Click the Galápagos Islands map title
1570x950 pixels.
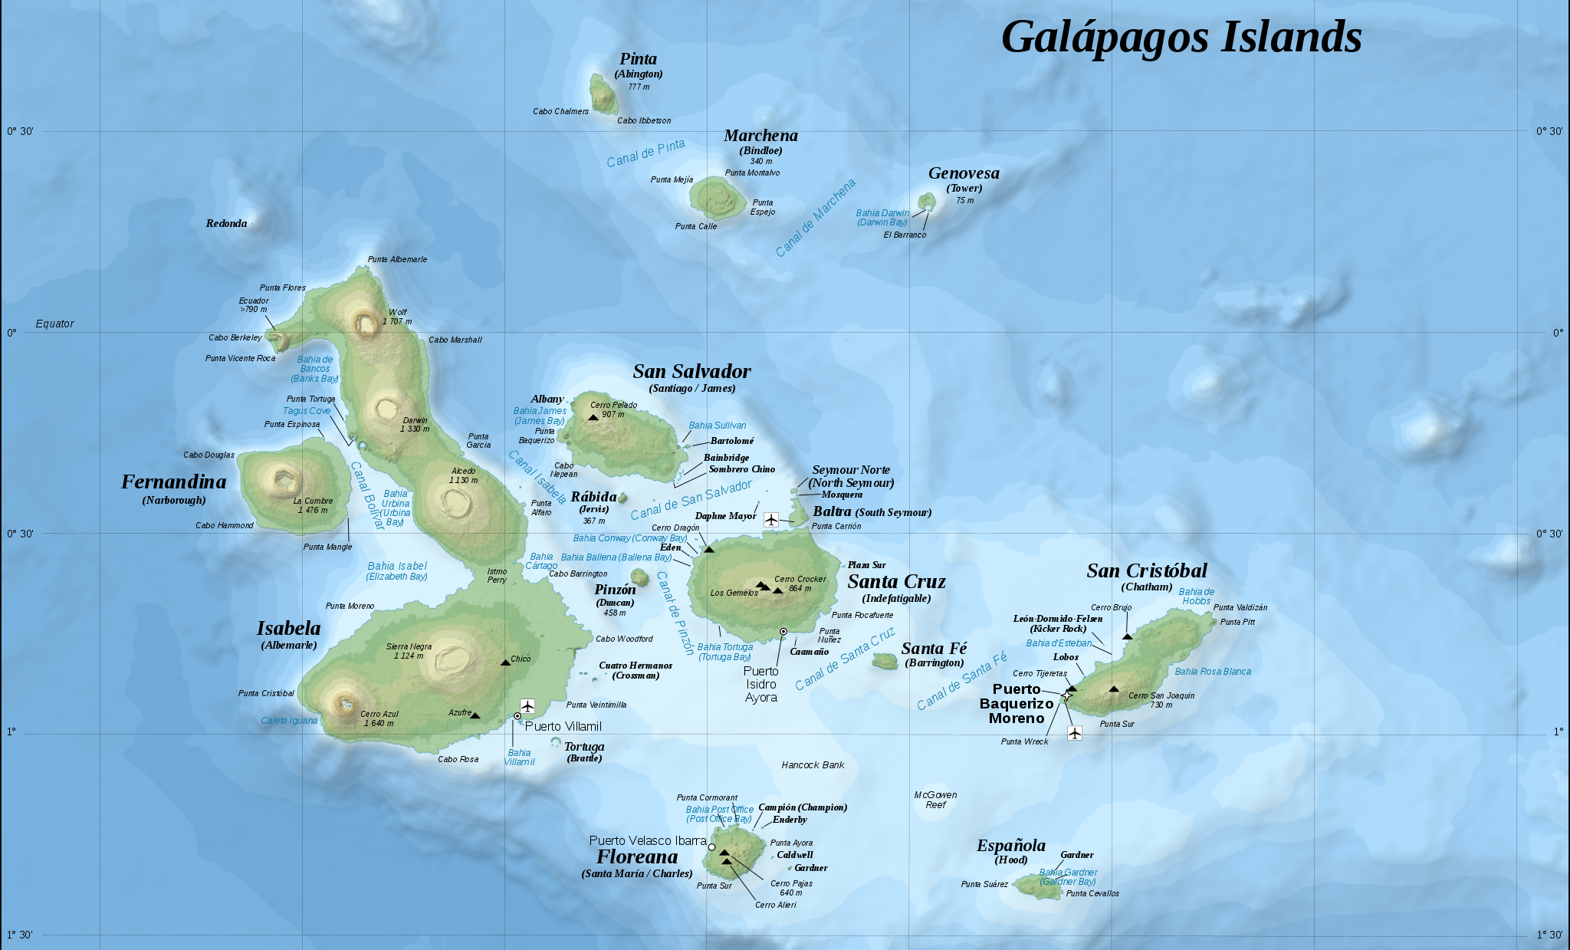click(1181, 37)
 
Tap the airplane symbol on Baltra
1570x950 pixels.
click(771, 520)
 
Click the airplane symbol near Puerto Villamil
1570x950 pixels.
click(527, 705)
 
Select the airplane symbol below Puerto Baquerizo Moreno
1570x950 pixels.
click(1075, 733)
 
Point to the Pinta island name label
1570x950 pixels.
click(638, 59)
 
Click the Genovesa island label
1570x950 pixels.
click(964, 173)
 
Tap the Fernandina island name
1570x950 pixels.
click(174, 482)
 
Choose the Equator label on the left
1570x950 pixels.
click(54, 324)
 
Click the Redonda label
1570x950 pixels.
click(226, 223)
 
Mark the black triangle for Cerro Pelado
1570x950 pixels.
click(593, 417)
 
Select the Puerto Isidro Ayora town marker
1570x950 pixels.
click(783, 632)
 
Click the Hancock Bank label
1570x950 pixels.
click(813, 765)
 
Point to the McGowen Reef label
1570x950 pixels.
click(935, 800)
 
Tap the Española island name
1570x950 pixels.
click(1010, 846)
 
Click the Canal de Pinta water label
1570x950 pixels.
click(645, 153)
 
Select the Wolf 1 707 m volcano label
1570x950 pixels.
click(397, 317)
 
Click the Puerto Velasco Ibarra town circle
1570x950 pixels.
click(711, 847)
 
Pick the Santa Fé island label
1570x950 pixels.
click(934, 649)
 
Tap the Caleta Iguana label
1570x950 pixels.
click(289, 721)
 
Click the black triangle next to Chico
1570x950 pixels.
click(505, 662)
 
